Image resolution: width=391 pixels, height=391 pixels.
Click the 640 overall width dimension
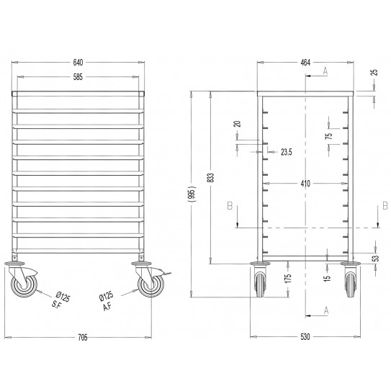pos(79,62)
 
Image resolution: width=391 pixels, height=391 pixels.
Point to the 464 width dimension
pos(305,63)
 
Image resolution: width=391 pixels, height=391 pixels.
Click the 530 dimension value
pos(305,339)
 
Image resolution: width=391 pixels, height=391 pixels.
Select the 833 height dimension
pos(210,179)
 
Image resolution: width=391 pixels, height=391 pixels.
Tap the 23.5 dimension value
pos(286,152)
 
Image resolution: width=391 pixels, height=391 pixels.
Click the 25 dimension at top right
pos(374,73)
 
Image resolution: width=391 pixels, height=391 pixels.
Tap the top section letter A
pos(325,71)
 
